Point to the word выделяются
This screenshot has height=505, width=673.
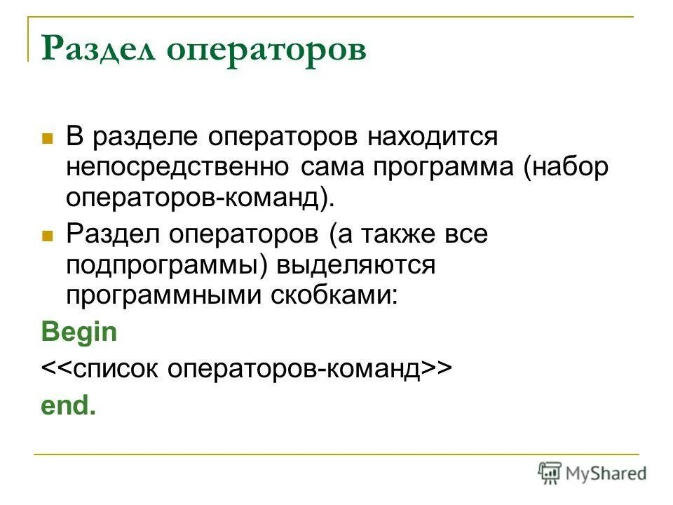coord(356,266)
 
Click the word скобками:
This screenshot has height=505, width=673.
coord(334,297)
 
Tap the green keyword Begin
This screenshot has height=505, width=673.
coord(79,332)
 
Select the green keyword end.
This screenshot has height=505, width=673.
coord(68,406)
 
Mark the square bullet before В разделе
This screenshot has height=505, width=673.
coord(48,137)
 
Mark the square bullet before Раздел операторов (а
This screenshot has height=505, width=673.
coord(48,236)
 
